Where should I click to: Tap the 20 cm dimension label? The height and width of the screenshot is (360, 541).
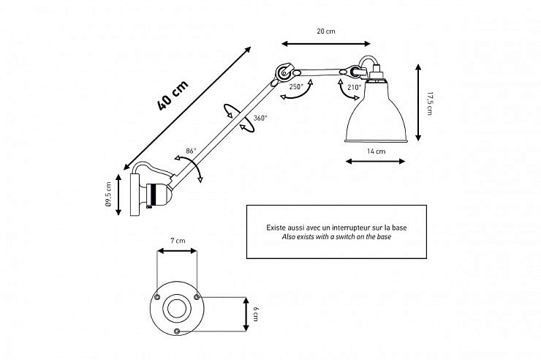click(x=325, y=31)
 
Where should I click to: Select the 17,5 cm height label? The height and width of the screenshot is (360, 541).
click(x=430, y=102)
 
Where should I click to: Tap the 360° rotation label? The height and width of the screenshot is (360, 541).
click(x=260, y=118)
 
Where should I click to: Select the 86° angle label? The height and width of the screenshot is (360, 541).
click(x=191, y=151)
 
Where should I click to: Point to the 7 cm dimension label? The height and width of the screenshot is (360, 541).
click(x=178, y=241)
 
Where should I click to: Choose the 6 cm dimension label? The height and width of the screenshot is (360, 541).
click(x=255, y=314)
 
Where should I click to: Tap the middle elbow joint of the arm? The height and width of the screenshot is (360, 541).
click(x=281, y=73)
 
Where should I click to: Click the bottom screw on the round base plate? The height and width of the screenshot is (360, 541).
click(x=178, y=331)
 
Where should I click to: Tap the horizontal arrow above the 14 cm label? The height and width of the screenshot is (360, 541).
click(x=375, y=162)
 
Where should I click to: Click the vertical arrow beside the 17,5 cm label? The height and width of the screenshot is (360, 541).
click(x=418, y=102)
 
